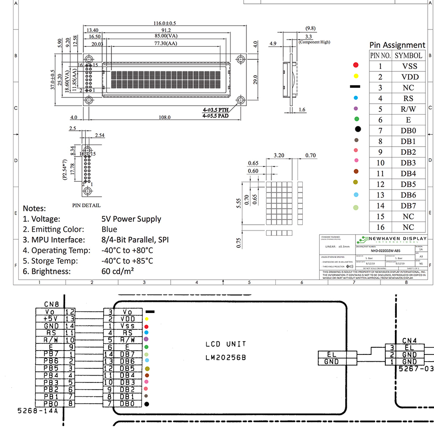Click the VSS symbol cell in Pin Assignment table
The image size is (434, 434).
pos(409,67)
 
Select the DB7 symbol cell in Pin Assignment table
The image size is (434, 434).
pos(409,206)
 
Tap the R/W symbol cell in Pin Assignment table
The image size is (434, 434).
pos(409,109)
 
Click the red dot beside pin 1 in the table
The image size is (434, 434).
pos(356,65)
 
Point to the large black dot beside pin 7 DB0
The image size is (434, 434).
pos(357,129)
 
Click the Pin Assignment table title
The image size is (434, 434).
pos(397,45)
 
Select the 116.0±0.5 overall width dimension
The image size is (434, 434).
pos(165,23)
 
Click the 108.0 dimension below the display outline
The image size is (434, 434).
pos(165,117)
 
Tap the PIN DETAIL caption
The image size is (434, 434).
pos(86,205)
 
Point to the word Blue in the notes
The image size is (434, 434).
pos(109,230)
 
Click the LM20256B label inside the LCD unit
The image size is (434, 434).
pos(226,357)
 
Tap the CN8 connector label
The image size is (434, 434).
pos(51,304)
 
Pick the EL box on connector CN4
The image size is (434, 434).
pos(409,347)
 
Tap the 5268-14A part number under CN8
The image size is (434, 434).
pos(37,411)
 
